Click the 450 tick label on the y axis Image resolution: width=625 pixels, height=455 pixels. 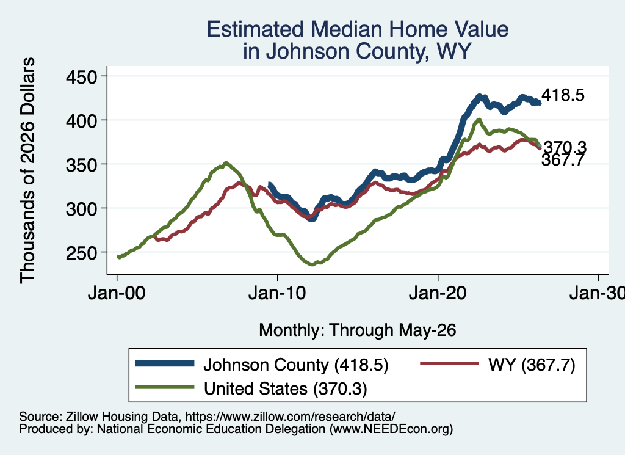82,76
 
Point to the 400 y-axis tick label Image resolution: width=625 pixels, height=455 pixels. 82,120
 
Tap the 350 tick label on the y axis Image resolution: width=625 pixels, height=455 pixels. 82,164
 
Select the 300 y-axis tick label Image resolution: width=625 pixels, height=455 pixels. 82,208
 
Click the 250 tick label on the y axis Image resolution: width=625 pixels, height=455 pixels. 82,252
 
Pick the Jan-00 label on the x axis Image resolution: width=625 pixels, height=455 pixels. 117,293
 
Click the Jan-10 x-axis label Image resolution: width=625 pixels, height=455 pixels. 277,293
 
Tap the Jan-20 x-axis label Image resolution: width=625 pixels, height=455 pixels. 438,293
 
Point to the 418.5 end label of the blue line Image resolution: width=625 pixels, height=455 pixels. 563,95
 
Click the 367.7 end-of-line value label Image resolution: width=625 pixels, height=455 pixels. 563,160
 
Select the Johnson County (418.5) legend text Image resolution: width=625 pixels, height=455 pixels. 296,365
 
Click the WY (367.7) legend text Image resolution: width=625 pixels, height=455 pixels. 532,365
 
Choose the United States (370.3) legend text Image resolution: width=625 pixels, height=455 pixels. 286,388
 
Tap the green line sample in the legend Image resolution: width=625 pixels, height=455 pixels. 165,387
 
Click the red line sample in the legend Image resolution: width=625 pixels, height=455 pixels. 450,363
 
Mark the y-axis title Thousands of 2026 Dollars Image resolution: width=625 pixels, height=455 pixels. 27,170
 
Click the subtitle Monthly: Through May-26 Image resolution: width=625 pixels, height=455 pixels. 358,330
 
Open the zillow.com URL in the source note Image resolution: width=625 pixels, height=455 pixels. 290,417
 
